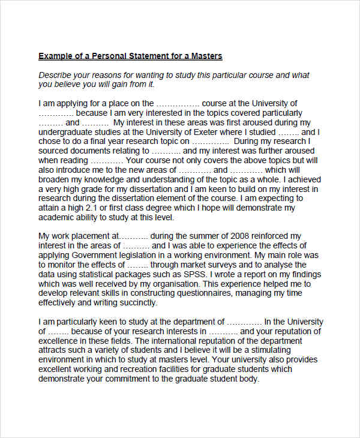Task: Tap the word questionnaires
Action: point(201,293)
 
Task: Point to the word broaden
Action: point(53,179)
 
